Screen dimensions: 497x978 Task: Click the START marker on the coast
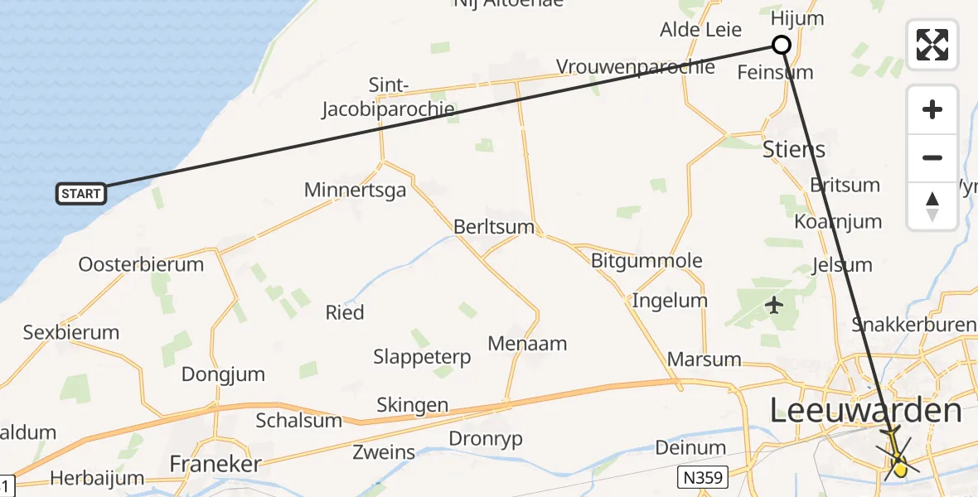tap(81, 194)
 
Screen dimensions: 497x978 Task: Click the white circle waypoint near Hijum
tap(781, 45)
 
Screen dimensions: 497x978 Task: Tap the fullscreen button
tap(932, 45)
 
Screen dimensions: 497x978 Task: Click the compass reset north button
tap(932, 206)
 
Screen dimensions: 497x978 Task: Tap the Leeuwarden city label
tap(866, 410)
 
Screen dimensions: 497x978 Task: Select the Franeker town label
tap(215, 464)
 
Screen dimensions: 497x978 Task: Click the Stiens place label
tap(794, 150)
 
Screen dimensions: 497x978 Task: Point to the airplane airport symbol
tap(775, 306)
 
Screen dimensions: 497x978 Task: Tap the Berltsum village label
tap(494, 227)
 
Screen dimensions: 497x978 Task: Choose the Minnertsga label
tap(356, 191)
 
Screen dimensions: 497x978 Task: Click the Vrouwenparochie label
tap(636, 67)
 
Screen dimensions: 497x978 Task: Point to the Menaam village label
tap(527, 343)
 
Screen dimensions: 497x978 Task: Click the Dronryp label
tap(486, 438)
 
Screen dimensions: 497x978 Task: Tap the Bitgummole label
tap(646, 261)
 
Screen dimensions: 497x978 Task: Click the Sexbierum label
tap(71, 333)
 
